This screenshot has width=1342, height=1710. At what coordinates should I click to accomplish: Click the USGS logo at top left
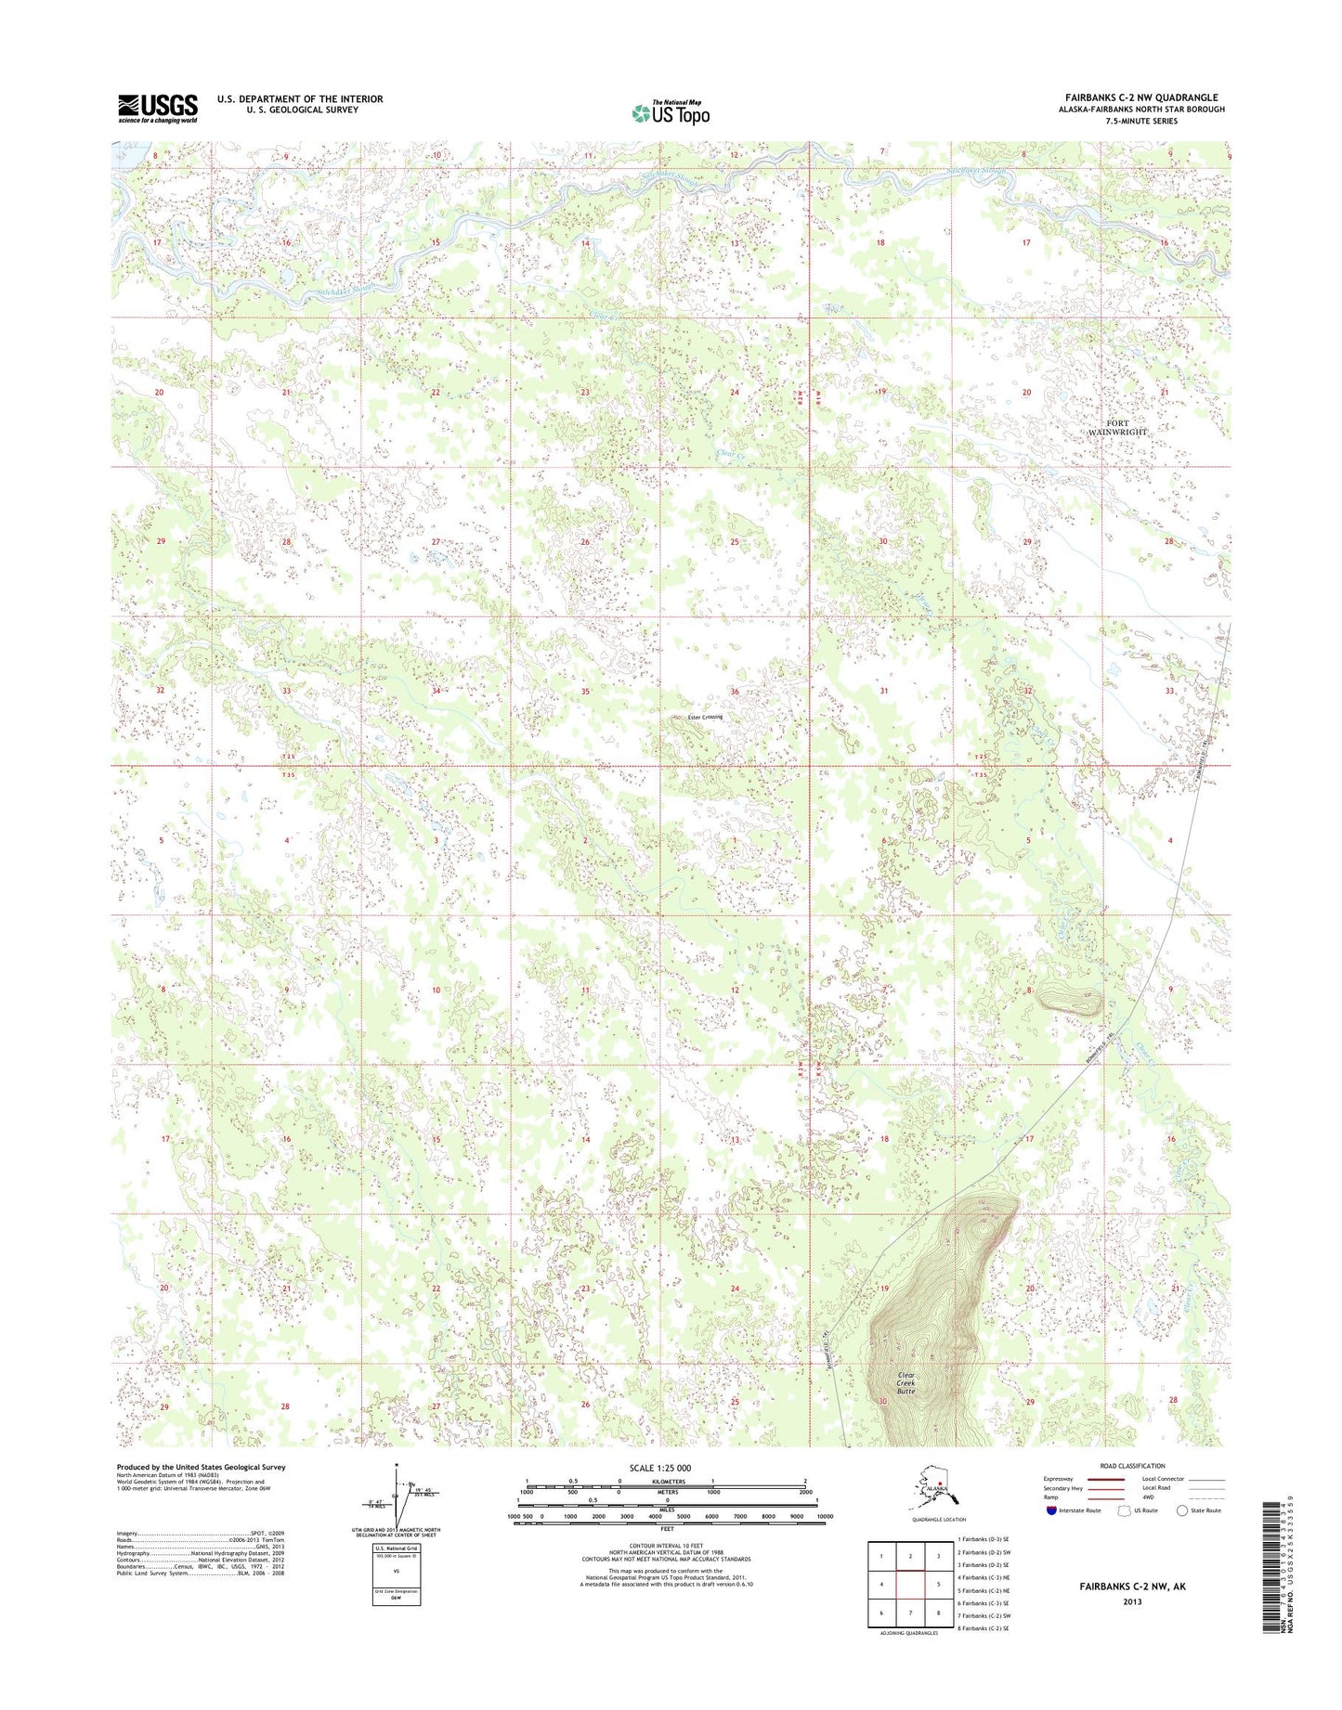click(x=158, y=108)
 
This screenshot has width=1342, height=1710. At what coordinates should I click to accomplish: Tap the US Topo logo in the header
click(x=671, y=112)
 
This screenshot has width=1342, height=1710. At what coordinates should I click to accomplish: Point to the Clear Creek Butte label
click(x=906, y=1383)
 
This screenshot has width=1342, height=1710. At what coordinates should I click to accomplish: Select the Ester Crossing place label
click(x=697, y=717)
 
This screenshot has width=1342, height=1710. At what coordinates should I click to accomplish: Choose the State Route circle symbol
click(x=1182, y=1510)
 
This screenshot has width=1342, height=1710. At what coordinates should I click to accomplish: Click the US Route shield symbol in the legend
click(x=1122, y=1510)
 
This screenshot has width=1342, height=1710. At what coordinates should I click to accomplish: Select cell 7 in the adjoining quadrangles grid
click(x=911, y=1613)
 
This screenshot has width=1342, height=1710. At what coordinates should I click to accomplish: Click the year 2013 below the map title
click(x=1132, y=1601)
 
